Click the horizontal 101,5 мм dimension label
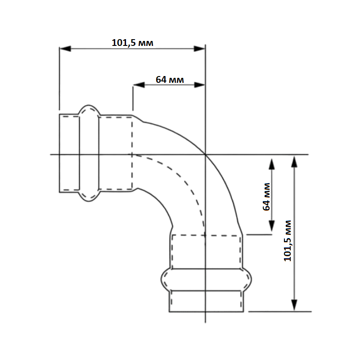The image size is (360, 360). tap(132, 43)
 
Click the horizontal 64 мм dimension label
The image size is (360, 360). tap(170, 80)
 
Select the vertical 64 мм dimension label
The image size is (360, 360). tap(266, 197)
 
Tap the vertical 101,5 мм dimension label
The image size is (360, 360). tap(288, 241)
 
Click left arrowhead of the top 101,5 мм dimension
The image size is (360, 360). tap(65, 49)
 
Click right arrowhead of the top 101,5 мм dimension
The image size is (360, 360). tap(199, 49)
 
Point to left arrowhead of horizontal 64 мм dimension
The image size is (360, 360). tap(139, 85)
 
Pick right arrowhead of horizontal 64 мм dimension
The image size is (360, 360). tap(199, 85)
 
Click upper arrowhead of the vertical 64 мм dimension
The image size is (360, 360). tap(272, 164)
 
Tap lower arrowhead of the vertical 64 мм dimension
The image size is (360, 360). tap(272, 226)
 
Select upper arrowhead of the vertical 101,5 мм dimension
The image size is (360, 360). tap(294, 161)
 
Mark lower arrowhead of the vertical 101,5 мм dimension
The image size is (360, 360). tap(294, 305)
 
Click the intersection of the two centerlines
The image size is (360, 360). tap(205, 154)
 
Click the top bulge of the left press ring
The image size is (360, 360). tap(89, 109)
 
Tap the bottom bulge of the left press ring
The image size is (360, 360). tap(89, 196)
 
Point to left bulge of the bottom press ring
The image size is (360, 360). tap(166, 279)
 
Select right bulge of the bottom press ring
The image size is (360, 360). tap(247, 279)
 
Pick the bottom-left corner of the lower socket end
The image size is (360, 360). tap(169, 312)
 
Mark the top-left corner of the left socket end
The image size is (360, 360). tap(59, 114)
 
